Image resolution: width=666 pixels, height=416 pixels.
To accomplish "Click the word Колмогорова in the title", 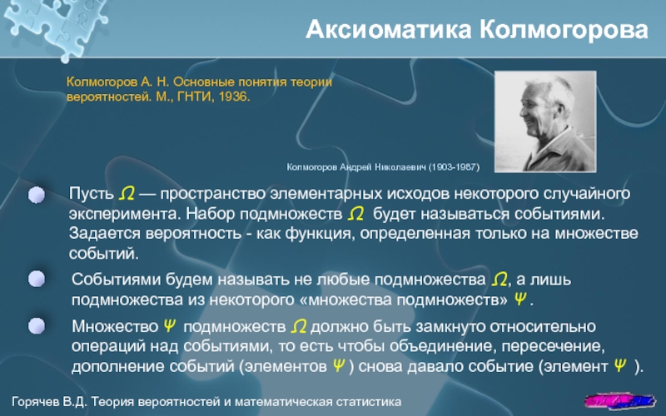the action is pyautogui.click(x=564, y=30).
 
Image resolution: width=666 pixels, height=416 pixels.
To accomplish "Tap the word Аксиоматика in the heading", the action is pyautogui.click(x=389, y=30).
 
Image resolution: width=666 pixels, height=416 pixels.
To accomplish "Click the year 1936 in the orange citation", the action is pyautogui.click(x=233, y=97).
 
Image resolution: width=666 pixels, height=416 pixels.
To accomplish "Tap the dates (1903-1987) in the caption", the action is pyautogui.click(x=454, y=167).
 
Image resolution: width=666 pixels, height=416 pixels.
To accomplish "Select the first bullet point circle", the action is pyautogui.click(x=37, y=195).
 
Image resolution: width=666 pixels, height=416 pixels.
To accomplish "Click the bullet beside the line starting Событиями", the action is pyautogui.click(x=37, y=280).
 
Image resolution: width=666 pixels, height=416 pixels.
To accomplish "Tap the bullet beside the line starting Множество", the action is pyautogui.click(x=37, y=326).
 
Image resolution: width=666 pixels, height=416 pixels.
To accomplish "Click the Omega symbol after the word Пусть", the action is pyautogui.click(x=127, y=194).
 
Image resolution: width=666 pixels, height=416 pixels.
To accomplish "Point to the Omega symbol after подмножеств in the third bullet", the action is pyautogui.click(x=299, y=326).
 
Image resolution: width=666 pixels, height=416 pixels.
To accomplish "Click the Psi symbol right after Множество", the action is pyautogui.click(x=170, y=326).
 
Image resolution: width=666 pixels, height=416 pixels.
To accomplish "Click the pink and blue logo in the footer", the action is pyautogui.click(x=619, y=400).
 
